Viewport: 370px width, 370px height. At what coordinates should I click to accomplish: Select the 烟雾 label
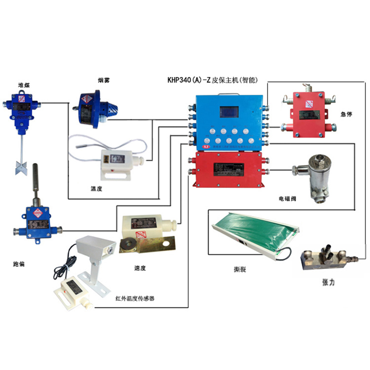tap(104, 79)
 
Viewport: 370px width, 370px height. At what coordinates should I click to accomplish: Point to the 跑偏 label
tap(19, 264)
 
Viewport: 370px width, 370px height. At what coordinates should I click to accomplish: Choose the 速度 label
tap(140, 268)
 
